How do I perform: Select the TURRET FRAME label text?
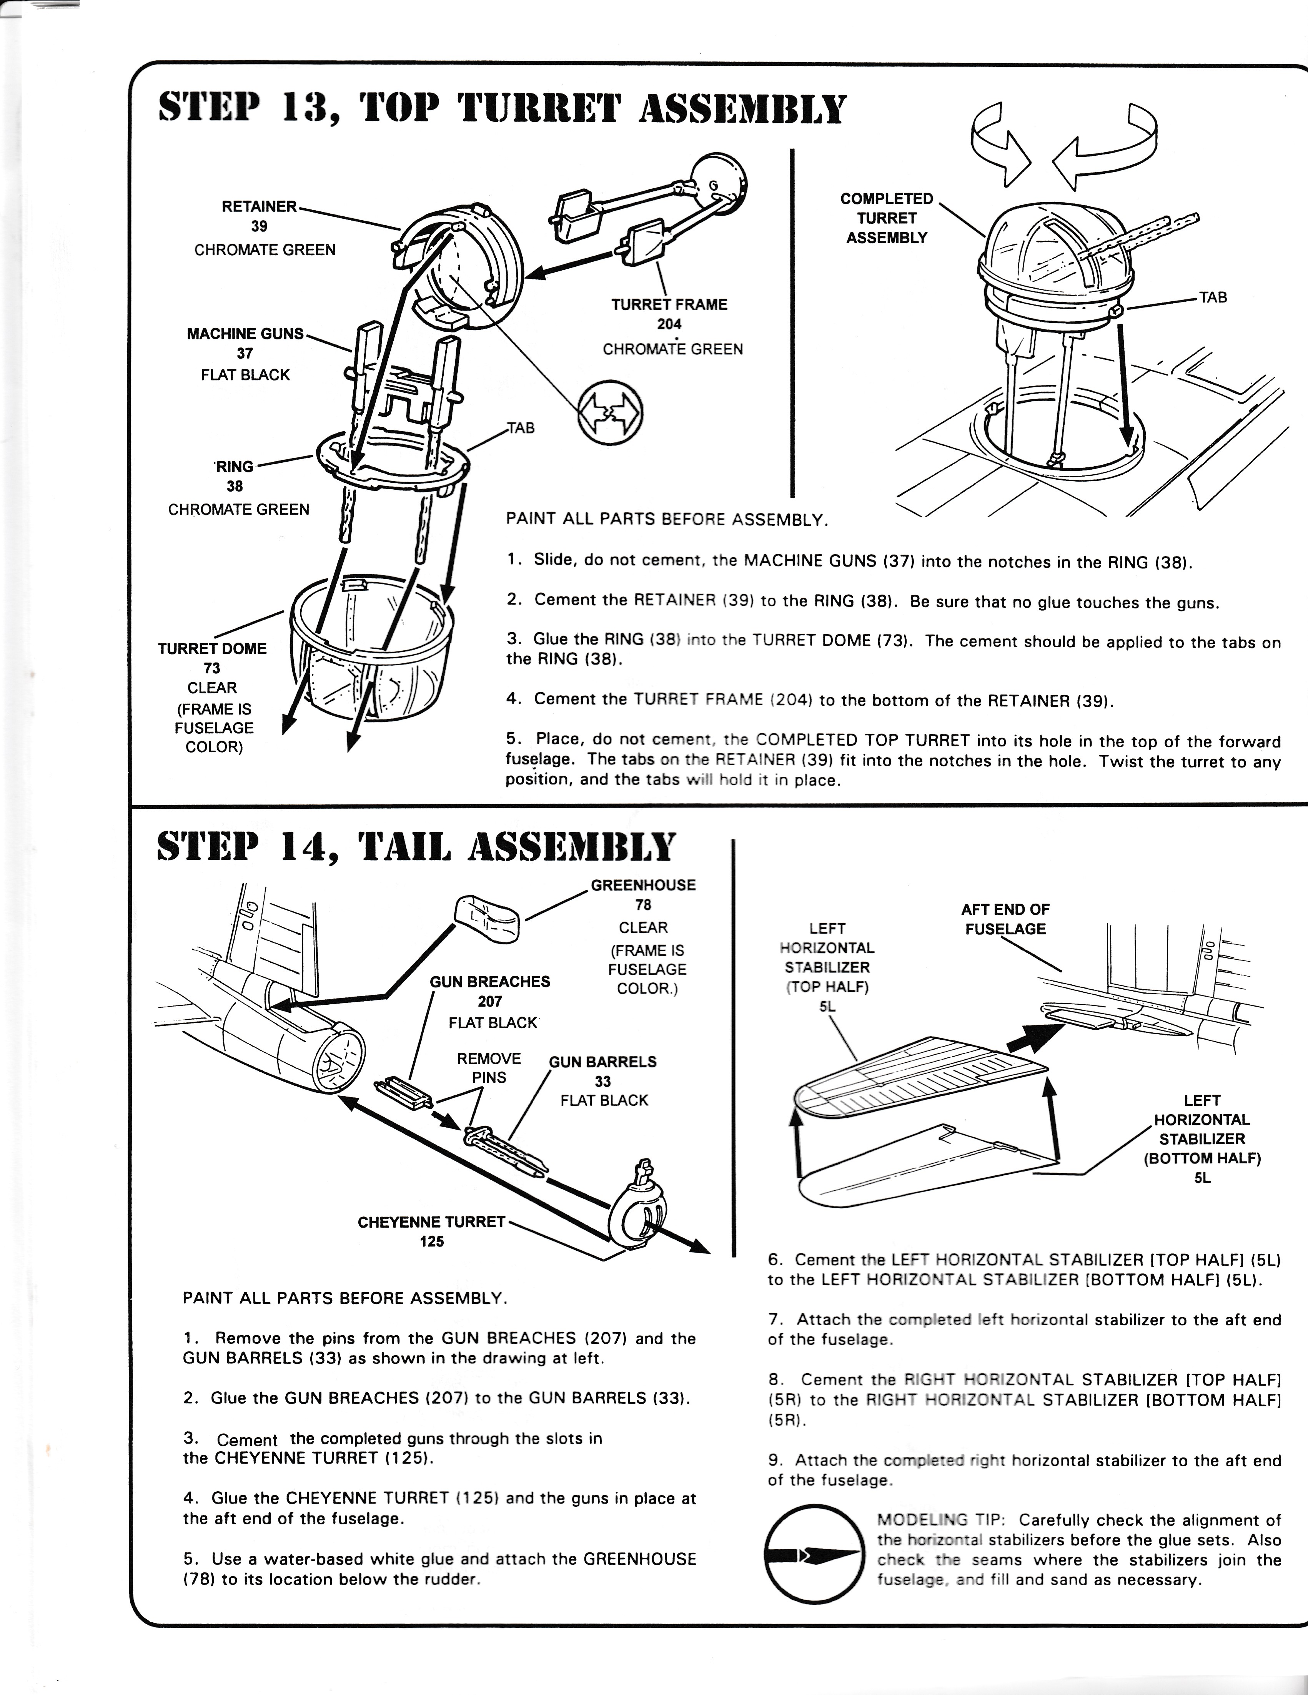[669, 305]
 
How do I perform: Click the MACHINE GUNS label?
[245, 334]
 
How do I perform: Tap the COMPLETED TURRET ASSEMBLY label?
[887, 218]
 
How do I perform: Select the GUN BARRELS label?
[602, 1062]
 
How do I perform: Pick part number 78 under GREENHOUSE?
[643, 905]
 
